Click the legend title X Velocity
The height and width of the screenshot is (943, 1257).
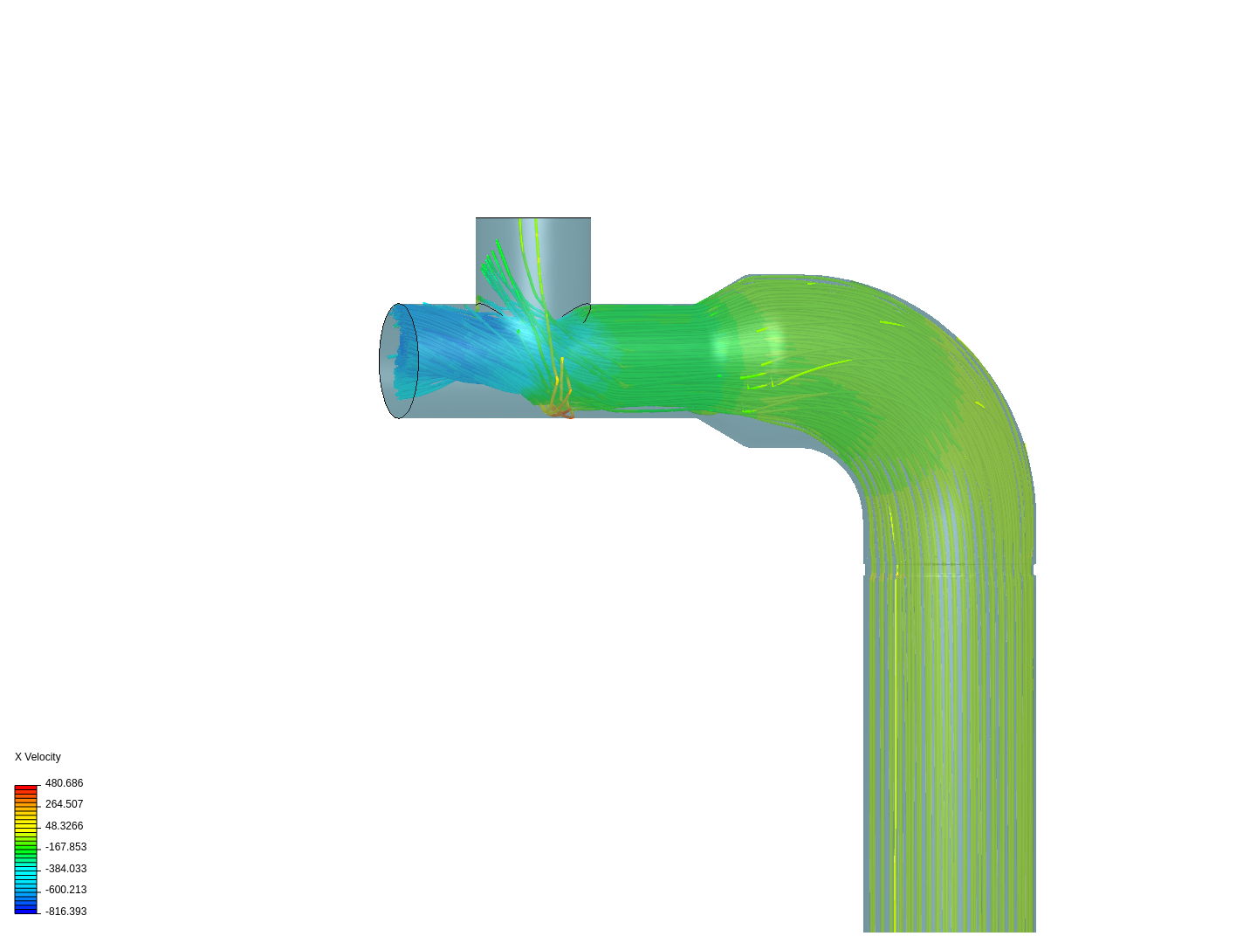38,757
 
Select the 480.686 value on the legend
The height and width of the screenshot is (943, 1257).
64,783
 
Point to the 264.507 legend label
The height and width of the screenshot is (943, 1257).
64,804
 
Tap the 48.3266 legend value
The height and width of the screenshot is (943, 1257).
64,826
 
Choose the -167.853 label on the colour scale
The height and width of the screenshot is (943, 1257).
65,847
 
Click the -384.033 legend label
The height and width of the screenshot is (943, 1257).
65,869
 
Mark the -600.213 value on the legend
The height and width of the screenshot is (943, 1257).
65,890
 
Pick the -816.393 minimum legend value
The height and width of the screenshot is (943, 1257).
65,912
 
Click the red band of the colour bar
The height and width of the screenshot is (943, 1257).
26,788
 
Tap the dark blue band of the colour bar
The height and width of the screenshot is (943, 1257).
26,910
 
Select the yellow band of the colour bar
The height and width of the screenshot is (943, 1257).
26,824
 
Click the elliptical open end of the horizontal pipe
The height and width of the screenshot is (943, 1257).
398,361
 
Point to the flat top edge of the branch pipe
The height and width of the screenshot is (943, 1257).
532,218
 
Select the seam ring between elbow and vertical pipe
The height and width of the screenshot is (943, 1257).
950,569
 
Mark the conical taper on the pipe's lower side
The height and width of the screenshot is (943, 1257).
723,433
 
